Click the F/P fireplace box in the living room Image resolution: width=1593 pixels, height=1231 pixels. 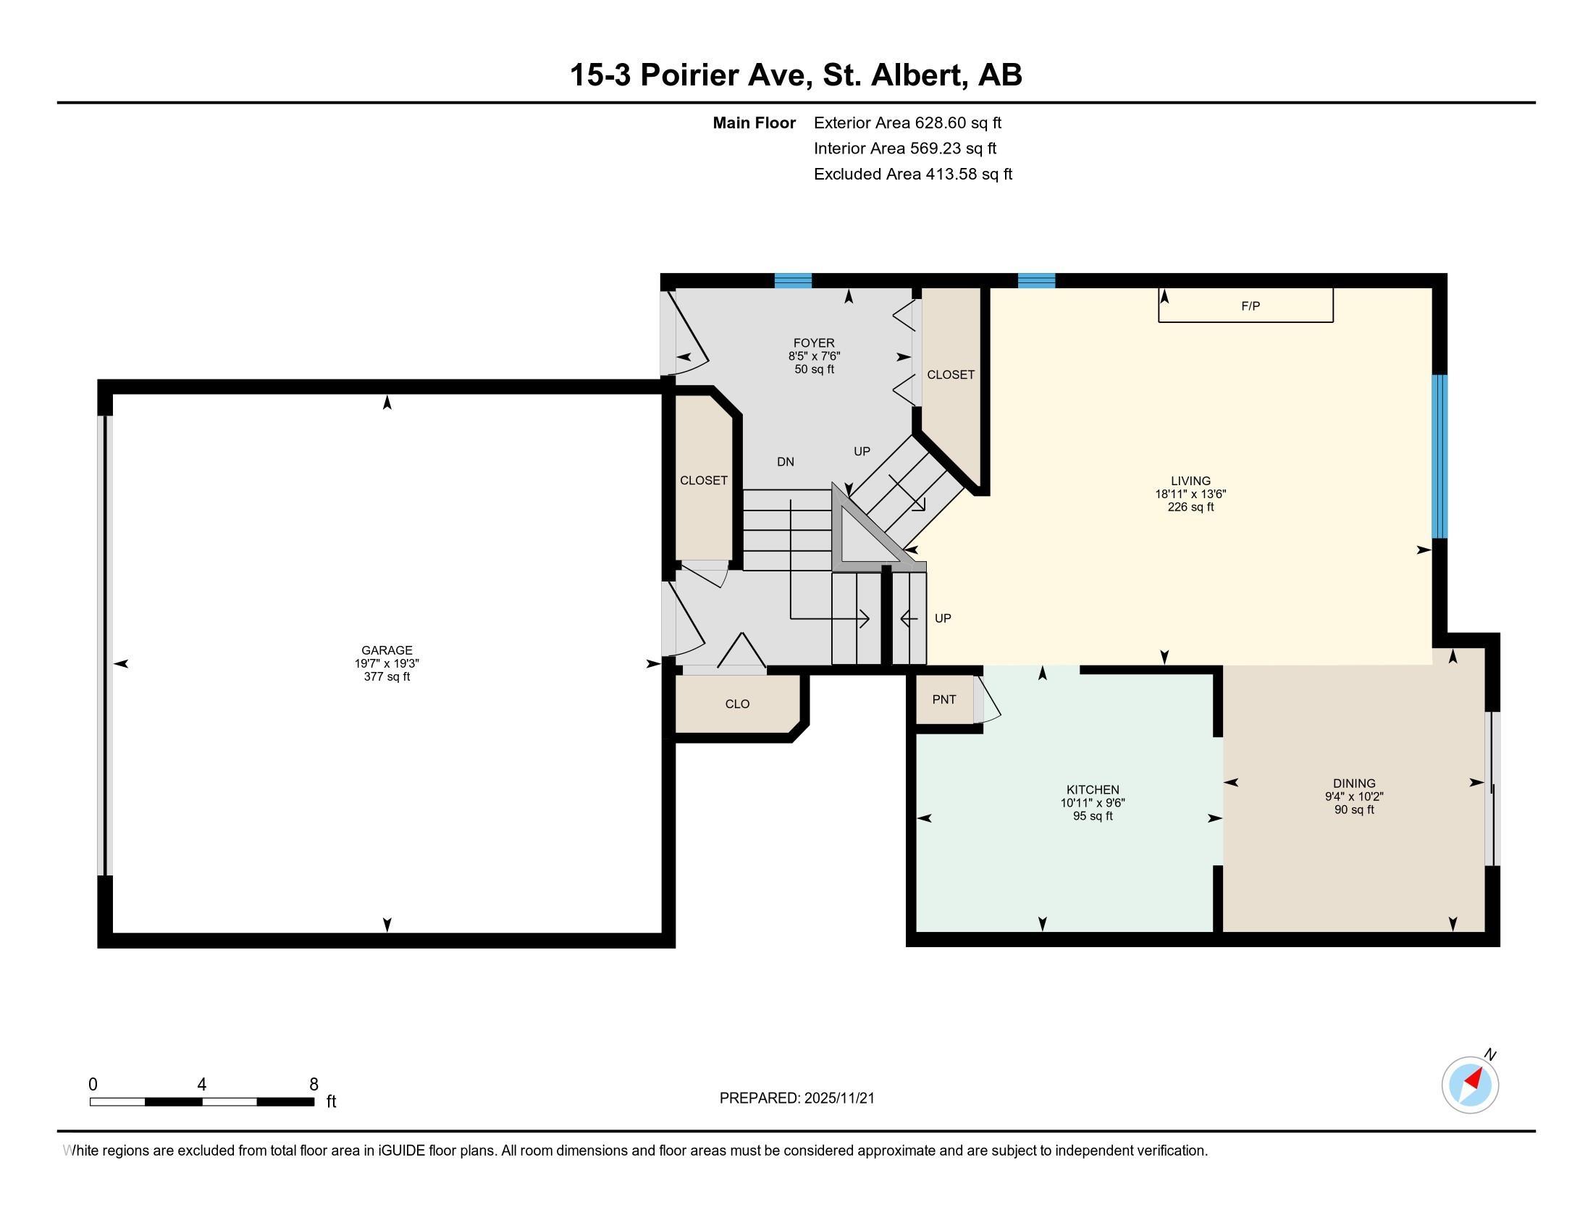click(1246, 306)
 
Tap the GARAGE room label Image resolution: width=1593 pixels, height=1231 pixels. click(387, 650)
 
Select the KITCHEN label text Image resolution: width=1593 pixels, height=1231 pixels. click(1093, 789)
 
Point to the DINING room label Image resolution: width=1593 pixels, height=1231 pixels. click(1355, 783)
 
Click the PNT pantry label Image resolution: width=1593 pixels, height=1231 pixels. click(943, 699)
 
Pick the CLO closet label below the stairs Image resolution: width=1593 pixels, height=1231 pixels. click(737, 704)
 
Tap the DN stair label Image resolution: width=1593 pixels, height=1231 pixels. click(786, 462)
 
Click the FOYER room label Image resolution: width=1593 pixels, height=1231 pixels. click(814, 343)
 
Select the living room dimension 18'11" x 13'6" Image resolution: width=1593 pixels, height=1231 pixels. click(1190, 494)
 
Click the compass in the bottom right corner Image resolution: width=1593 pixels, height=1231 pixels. click(1470, 1085)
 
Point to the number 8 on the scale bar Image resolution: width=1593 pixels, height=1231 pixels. click(314, 1084)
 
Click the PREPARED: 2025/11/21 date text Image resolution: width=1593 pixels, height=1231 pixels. click(796, 1098)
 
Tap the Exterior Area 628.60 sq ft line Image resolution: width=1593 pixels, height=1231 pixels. click(907, 122)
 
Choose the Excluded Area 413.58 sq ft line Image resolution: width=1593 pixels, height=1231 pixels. click(913, 174)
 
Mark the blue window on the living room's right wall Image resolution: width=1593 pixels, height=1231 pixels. click(1439, 456)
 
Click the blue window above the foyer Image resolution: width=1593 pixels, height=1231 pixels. click(793, 281)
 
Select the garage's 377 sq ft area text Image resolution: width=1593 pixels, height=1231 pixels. click(387, 677)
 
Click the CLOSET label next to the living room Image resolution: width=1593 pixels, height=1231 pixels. click(951, 374)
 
